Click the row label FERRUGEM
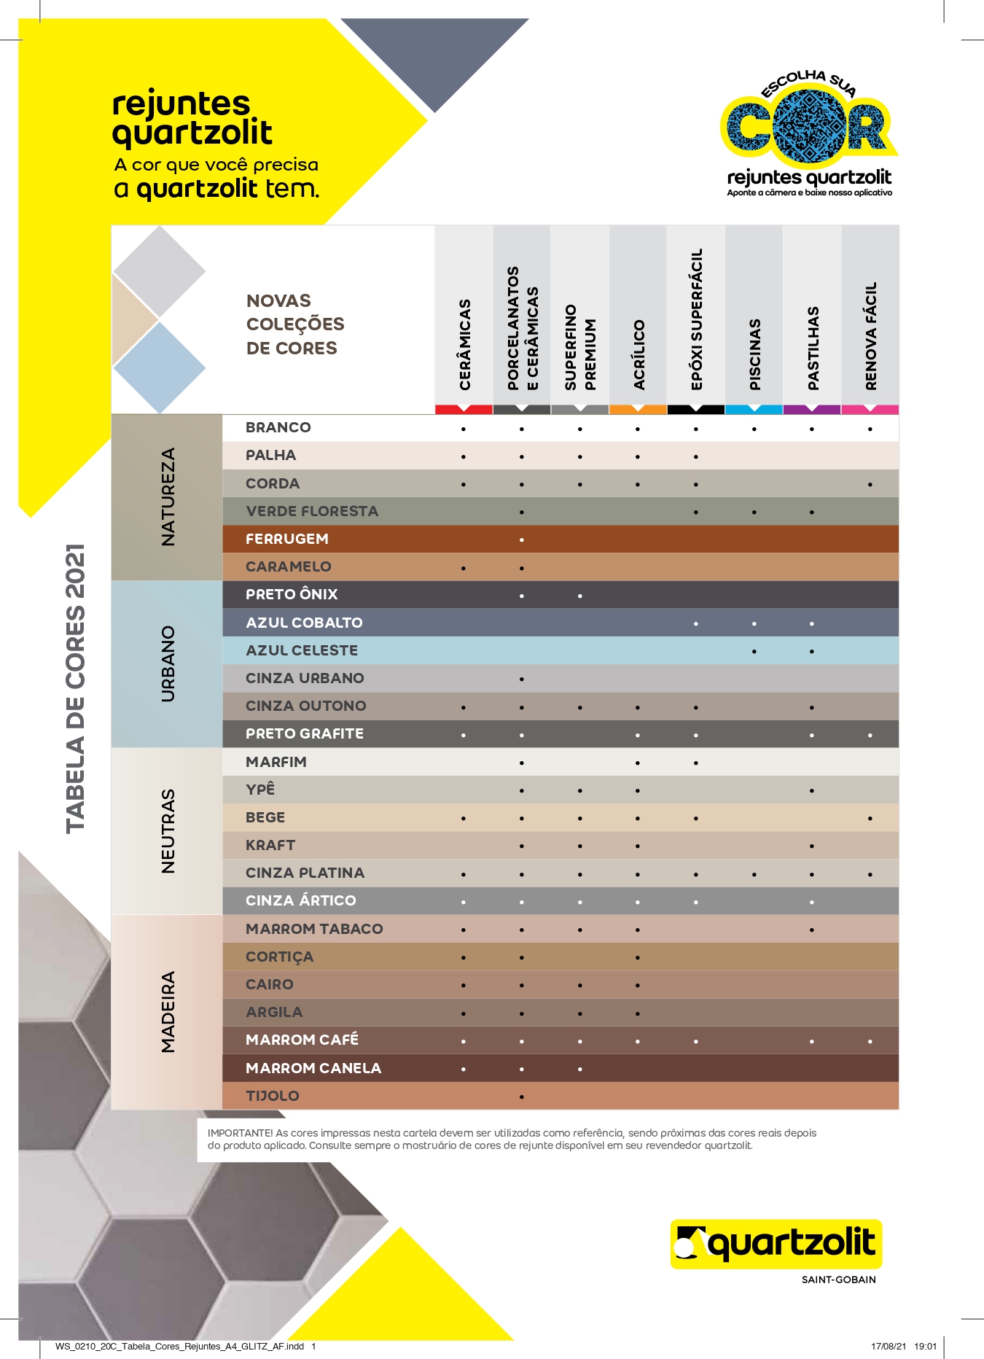[x=287, y=539]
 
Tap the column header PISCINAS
[x=755, y=354]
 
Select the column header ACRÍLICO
[x=639, y=354]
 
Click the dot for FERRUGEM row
[x=522, y=540]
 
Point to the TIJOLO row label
[x=273, y=1096]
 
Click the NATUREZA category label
[x=168, y=497]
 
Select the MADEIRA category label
[x=168, y=1012]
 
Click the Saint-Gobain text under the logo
[x=838, y=1280]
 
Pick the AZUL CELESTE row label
[x=302, y=650]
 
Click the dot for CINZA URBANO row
[x=522, y=679]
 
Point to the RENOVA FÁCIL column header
[x=871, y=336]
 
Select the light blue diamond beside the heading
[x=160, y=368]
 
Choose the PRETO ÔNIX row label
[x=292, y=594]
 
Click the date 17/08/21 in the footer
[x=889, y=1347]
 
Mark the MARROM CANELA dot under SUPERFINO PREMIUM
[x=580, y=1070]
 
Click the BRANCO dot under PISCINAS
[x=754, y=429]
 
